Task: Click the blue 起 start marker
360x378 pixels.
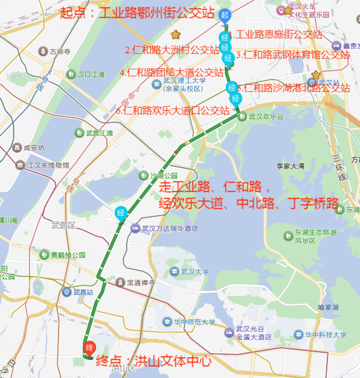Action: tap(225, 15)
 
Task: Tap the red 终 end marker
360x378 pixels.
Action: tap(90, 347)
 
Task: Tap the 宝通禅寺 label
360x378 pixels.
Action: tap(136, 282)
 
